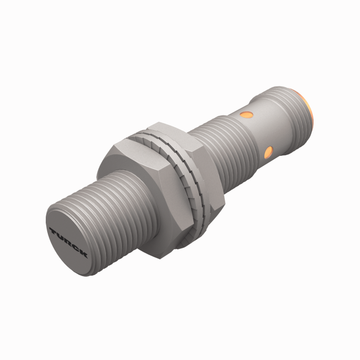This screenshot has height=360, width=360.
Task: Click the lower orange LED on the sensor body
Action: pos(267,151)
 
